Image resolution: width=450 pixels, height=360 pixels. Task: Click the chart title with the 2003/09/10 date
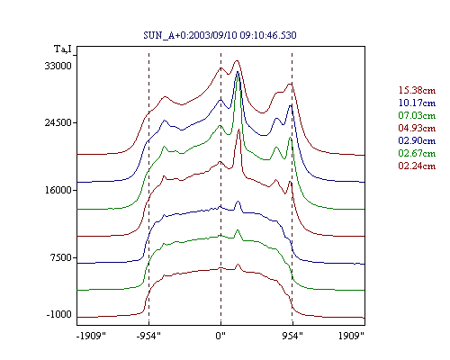220,35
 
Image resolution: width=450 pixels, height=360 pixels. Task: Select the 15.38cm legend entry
417,90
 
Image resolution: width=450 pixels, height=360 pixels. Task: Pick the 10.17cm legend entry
417,103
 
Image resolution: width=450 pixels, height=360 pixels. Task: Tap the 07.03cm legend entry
417,115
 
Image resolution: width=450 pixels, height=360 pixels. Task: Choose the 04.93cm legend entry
417,128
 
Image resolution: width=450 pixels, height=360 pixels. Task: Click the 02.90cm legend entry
417,140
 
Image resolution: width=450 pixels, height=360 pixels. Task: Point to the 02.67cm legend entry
417,153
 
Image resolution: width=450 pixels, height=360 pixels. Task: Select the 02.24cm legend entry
417,166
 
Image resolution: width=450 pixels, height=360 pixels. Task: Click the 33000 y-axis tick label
58,66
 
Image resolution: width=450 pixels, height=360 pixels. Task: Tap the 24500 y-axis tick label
58,122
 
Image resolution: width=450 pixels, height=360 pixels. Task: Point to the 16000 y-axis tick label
58,190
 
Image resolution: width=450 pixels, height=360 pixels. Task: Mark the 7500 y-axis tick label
60,257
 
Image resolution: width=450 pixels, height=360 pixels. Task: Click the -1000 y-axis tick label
58,314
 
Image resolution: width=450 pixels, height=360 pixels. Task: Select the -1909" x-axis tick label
92,336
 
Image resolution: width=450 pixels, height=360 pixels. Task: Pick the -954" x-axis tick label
148,336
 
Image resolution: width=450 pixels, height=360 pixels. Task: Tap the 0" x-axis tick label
220,336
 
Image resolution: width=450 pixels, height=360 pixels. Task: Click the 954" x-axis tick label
292,336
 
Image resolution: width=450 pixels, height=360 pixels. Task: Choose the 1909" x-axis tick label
351,336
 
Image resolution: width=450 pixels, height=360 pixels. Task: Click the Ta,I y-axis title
63,49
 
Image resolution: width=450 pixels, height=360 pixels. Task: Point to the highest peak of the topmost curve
237,60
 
